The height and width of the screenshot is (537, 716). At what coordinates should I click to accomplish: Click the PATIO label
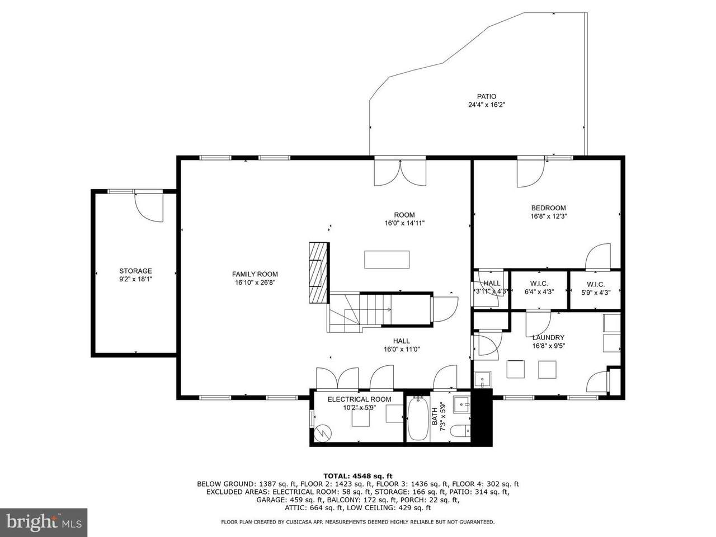(486, 97)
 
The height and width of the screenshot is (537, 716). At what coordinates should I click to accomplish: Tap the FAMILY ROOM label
(255, 274)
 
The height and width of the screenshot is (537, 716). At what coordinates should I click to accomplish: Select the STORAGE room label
(135, 271)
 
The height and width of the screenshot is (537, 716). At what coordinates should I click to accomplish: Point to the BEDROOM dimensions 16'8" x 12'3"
(548, 216)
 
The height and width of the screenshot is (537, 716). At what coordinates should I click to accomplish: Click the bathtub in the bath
(418, 418)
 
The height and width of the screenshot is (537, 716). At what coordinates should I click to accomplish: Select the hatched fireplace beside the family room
(318, 272)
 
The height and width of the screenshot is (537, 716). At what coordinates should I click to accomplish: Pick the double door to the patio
(400, 173)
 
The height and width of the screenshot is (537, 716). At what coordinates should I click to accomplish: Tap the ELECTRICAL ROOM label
(359, 399)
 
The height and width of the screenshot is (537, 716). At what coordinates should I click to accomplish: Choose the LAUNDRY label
(548, 337)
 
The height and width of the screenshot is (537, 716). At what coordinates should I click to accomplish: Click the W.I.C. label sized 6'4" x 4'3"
(539, 288)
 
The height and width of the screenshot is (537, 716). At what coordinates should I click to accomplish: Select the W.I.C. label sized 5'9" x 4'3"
(596, 289)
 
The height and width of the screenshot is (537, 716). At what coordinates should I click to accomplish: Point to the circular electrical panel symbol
(323, 432)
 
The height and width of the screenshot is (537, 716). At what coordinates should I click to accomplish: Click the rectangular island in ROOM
(387, 260)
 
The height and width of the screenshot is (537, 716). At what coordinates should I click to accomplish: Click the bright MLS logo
(44, 522)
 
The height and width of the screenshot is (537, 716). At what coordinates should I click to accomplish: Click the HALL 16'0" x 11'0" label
(401, 345)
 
